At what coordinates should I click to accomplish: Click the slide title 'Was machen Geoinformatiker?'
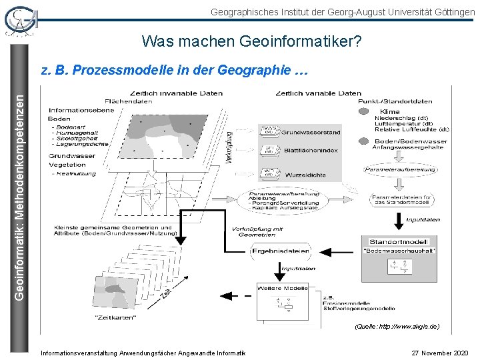coord(251,42)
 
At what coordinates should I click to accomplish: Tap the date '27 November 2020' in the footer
coord(439,352)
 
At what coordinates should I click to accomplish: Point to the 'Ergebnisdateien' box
coord(281,251)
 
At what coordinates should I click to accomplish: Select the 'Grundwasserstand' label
coord(311,132)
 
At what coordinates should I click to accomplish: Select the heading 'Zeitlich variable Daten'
coord(318,93)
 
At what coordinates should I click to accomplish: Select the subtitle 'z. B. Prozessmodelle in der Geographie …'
coord(175,69)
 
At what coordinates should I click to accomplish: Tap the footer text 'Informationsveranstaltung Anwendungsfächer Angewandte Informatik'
coord(143,352)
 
